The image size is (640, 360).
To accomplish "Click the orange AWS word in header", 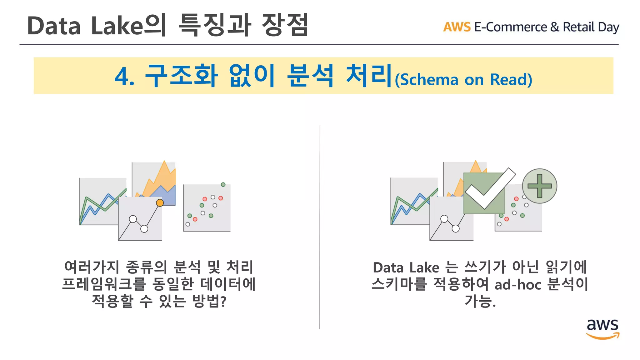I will (457, 27).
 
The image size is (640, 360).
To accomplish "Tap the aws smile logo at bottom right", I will (602, 329).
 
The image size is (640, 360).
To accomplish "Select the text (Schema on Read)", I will (463, 80).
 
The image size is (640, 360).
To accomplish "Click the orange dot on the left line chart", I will (160, 203).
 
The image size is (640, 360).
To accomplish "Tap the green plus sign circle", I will (539, 186).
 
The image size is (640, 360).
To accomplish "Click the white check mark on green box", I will (489, 189).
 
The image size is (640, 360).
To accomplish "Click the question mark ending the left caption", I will (223, 302).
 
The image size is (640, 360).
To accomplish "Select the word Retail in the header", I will (578, 27).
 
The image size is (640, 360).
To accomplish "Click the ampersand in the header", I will (554, 27).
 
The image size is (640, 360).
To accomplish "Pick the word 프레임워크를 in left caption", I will (104, 284).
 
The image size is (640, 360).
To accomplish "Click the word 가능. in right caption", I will (480, 301).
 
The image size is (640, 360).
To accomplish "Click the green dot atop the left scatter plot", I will (223, 185).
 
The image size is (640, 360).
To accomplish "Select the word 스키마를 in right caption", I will (399, 284).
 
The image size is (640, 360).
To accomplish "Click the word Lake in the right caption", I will (424, 268).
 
